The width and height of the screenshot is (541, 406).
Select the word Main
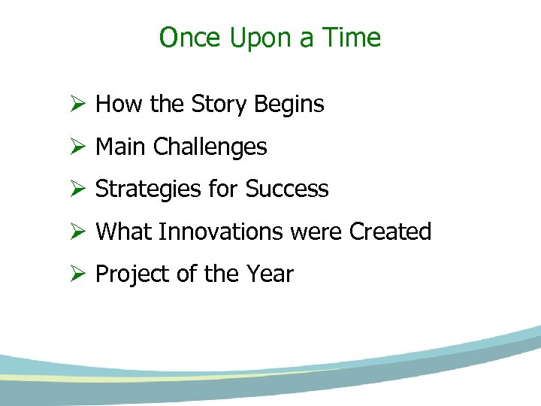[x=121, y=147]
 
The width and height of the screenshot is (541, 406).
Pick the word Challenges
[x=210, y=147]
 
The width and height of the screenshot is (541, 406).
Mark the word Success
[x=287, y=189]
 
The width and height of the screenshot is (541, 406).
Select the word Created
[x=390, y=232]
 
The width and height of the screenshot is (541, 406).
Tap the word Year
[x=270, y=274]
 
